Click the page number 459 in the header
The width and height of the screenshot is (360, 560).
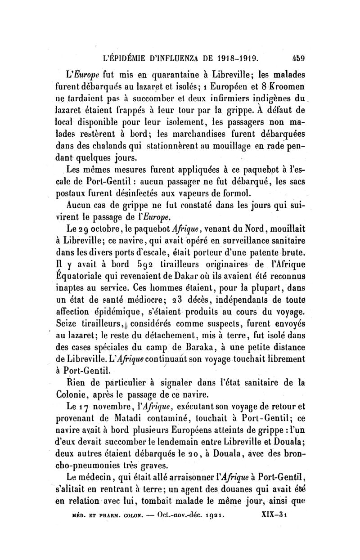298,58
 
